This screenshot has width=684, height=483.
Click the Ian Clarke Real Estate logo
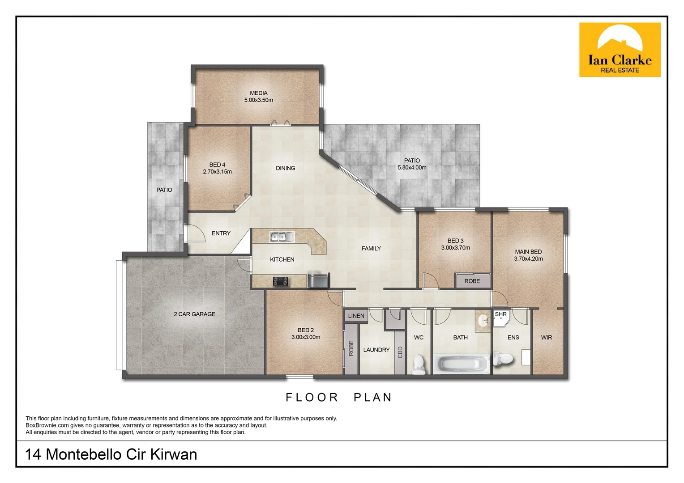pos(620,50)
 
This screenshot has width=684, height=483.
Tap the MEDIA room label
pos(259,93)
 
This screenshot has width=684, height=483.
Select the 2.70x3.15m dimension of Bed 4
pos(217,172)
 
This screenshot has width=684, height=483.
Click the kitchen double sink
pos(282,237)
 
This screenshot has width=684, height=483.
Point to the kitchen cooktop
pos(280,281)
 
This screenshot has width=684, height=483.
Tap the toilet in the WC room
pos(419,364)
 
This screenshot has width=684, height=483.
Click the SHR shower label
pos(500,314)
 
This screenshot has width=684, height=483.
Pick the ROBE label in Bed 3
pos(472,281)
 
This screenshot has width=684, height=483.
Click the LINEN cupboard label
pos(356,316)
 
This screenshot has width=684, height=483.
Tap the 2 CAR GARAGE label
pos(194,314)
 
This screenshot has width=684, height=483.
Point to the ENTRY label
pos(221,233)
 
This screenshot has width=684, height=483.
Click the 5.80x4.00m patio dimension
pos(412,168)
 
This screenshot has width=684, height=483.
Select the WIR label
pos(546,338)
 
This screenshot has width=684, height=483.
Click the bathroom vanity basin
pos(483,321)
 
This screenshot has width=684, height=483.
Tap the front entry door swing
pos(193,233)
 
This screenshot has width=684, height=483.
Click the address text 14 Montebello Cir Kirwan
pos(111,454)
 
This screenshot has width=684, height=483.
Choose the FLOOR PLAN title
pos(339,397)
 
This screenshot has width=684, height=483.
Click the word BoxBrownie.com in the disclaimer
pos(47,425)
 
